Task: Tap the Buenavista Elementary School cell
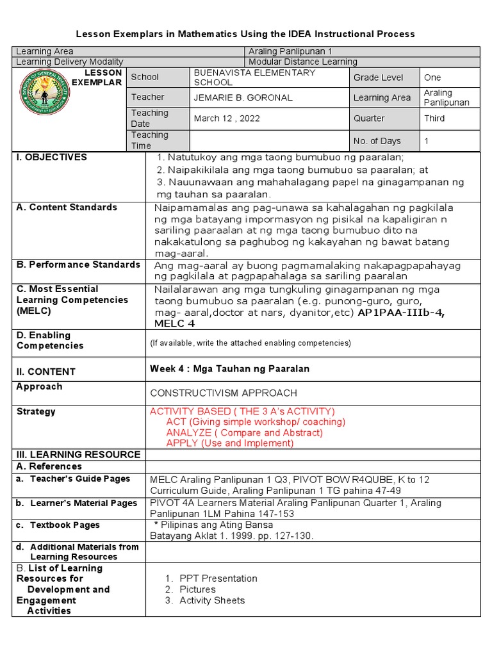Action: pos(254,78)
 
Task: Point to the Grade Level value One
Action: pos(432,78)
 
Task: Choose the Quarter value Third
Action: pos(434,119)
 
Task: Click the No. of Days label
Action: pos(377,141)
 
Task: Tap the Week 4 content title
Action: pos(229,369)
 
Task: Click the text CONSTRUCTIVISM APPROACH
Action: pos(223,393)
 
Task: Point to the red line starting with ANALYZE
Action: pos(244,432)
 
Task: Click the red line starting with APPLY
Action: pos(229,443)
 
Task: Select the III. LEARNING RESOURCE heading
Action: pos(78,454)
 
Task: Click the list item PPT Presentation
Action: pos(218,578)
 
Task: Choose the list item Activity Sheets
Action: pos(212,600)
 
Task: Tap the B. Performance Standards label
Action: pos(78,265)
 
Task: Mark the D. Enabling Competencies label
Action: pos(50,340)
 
